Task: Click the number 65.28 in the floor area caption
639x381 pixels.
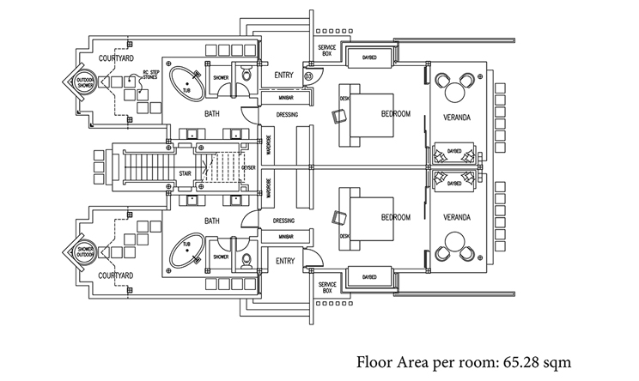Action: pos(520,361)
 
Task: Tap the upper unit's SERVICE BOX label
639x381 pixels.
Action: pos(326,50)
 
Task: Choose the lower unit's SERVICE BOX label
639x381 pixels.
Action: pos(326,287)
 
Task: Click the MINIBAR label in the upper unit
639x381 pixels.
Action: pos(286,97)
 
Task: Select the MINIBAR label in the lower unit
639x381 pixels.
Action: pos(286,235)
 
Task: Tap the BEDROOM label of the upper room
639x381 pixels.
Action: pos(397,114)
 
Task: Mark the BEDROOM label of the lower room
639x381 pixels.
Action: pos(397,216)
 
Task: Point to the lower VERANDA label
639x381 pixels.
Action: pos(461,216)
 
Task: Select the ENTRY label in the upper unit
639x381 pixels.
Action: pos(284,76)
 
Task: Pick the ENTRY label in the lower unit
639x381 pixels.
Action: pos(284,259)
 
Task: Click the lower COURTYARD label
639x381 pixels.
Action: pos(113,276)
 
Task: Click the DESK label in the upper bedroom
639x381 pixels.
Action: pos(344,98)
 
